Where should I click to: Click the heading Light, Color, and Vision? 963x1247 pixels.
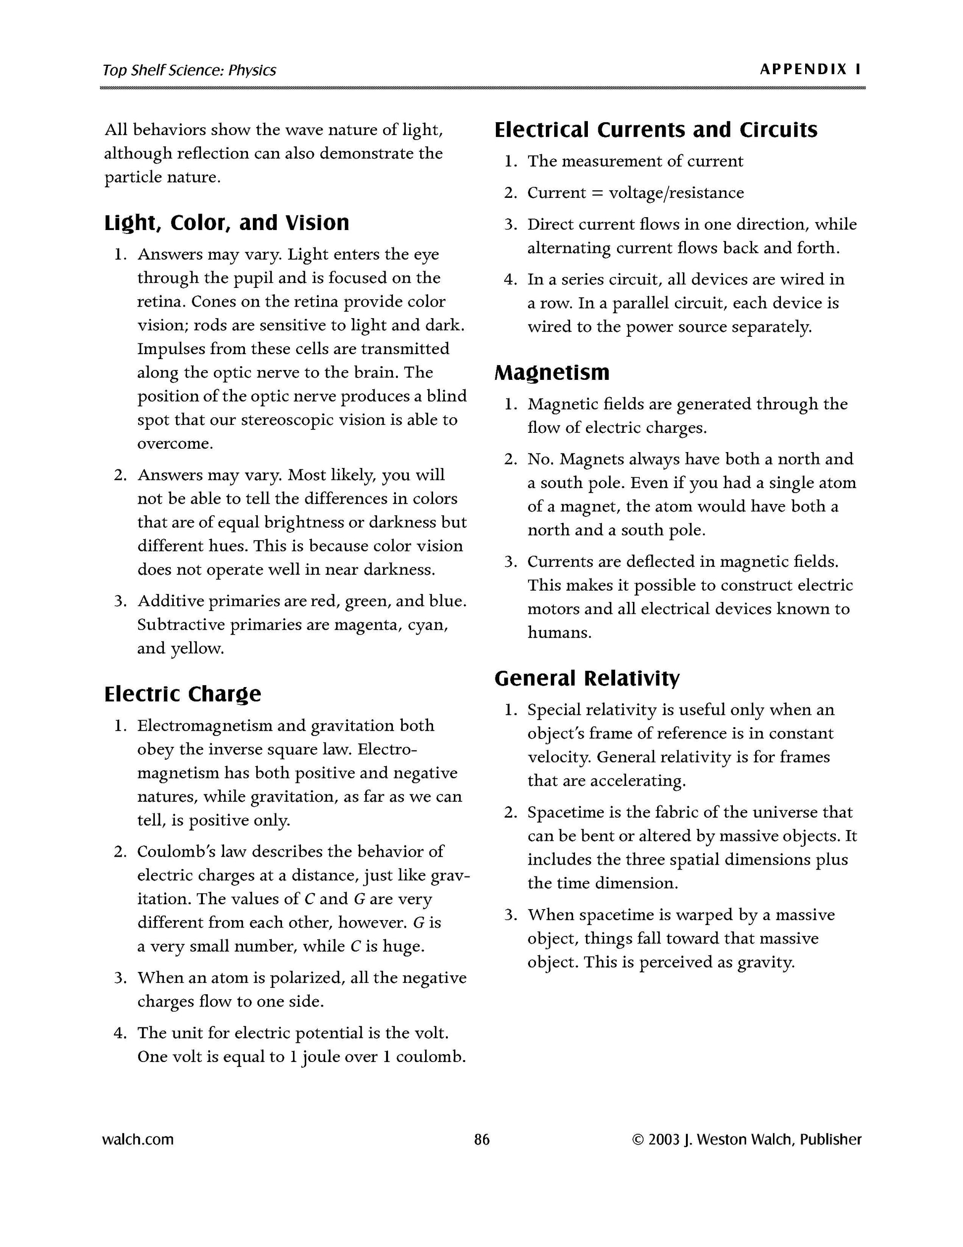click(x=226, y=223)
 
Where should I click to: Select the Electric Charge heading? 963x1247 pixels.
click(x=182, y=693)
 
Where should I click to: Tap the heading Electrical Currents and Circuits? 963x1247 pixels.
click(x=656, y=130)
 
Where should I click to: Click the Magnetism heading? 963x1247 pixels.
click(x=552, y=372)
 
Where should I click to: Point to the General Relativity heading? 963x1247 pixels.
click(x=587, y=678)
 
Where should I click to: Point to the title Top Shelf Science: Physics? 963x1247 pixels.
click(x=189, y=70)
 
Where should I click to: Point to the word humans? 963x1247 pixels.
click(x=559, y=633)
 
